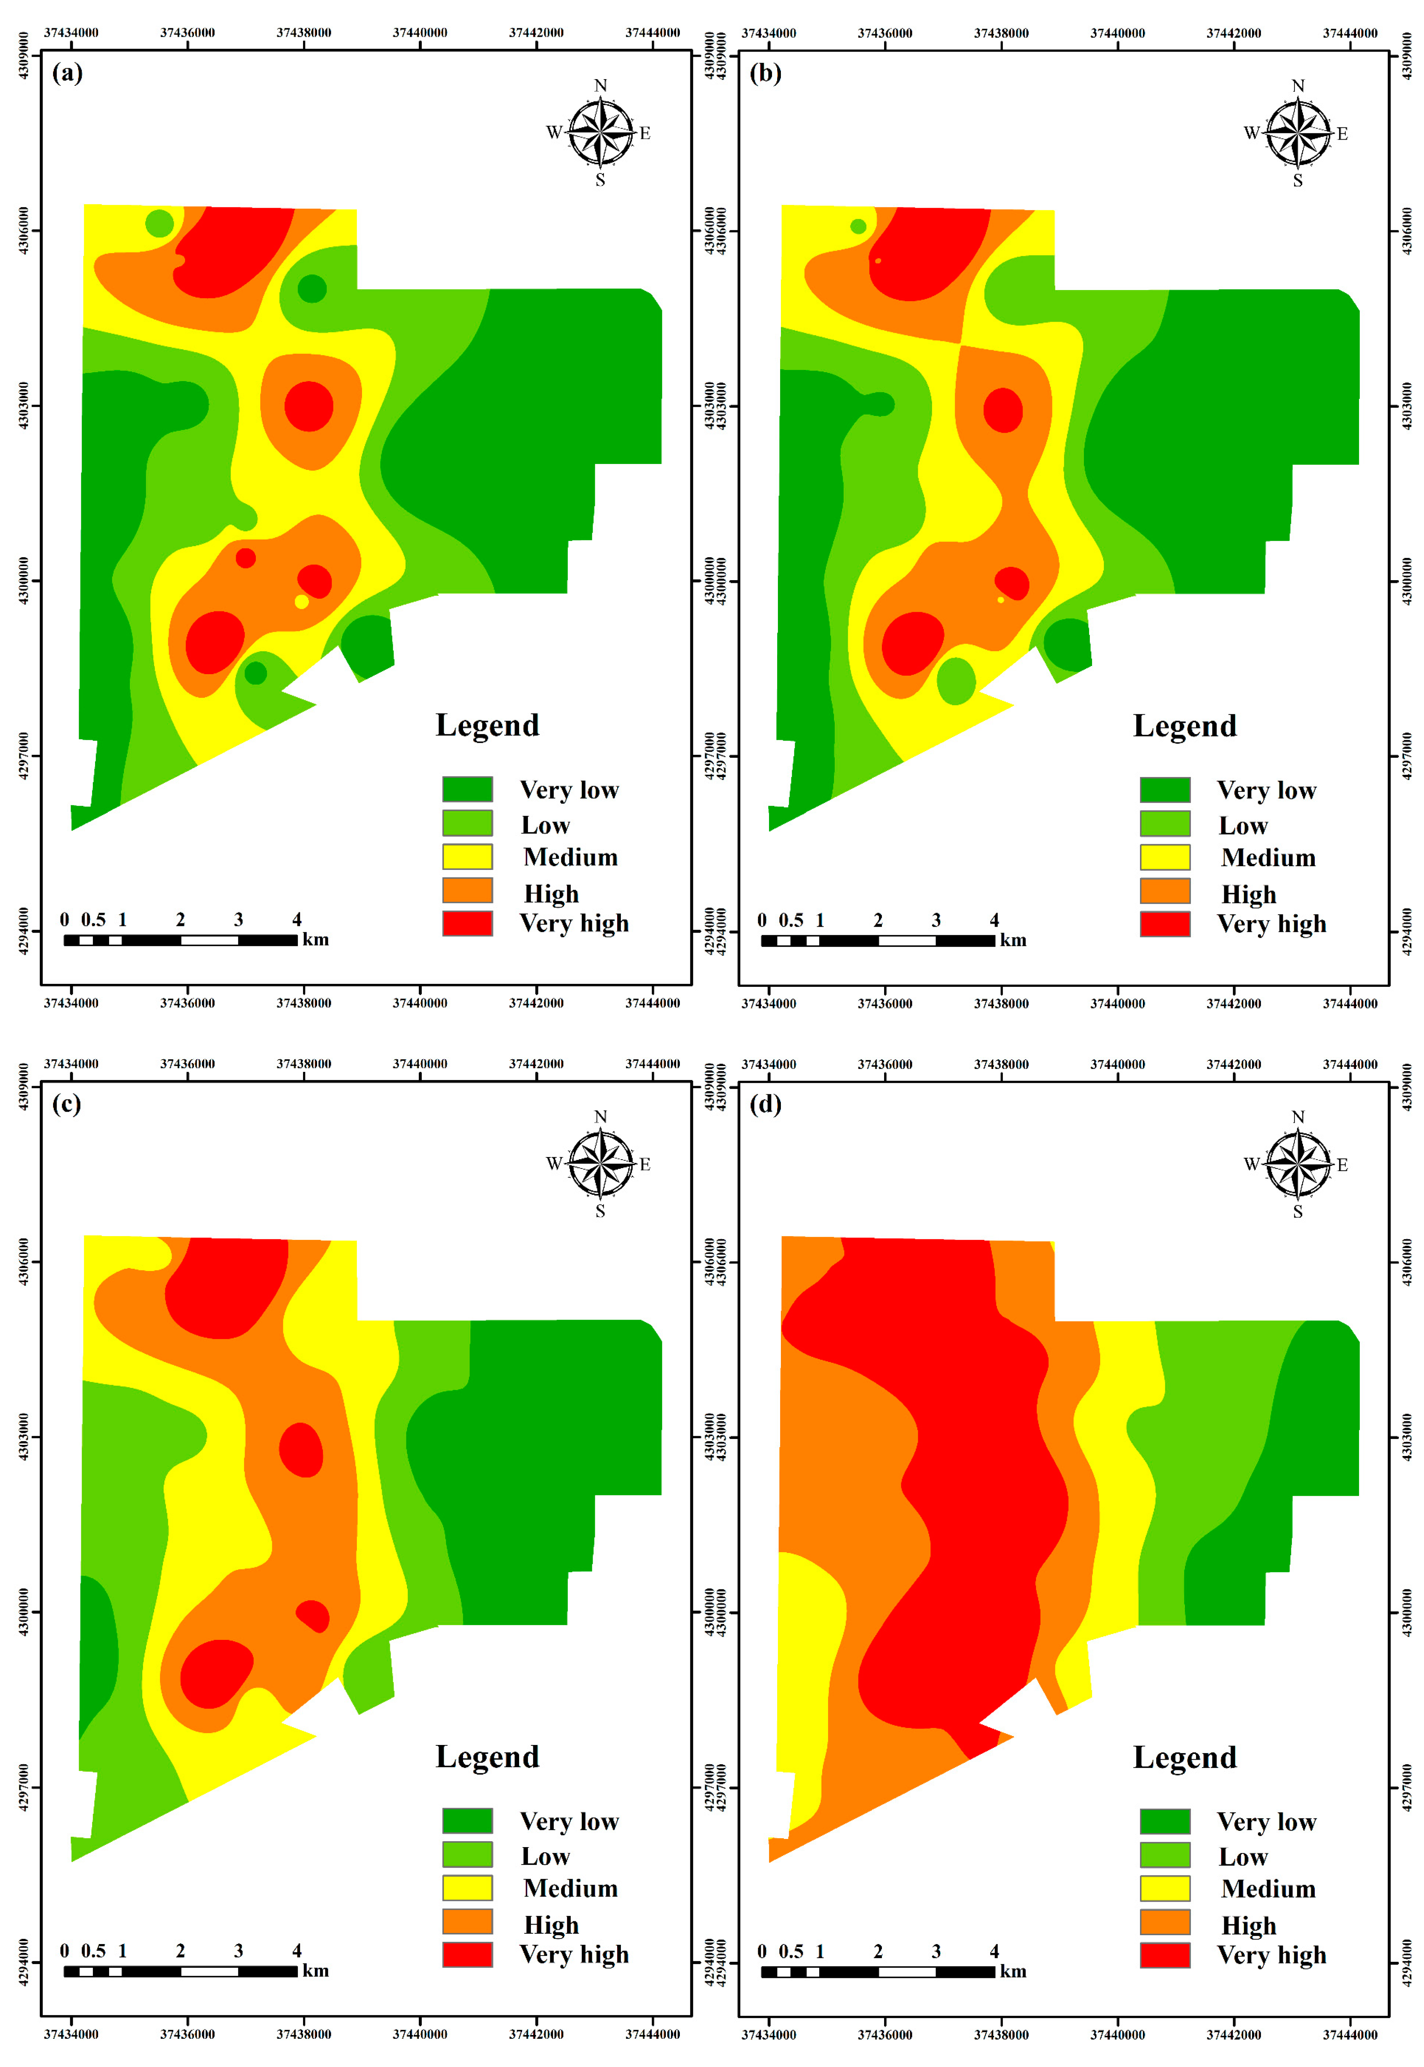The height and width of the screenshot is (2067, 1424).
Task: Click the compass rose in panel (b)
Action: (1298, 133)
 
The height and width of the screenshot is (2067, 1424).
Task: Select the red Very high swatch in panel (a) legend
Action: (467, 923)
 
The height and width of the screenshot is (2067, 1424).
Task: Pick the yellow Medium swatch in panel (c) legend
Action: (467, 1888)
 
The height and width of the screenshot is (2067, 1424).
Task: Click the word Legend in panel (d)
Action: (1185, 1757)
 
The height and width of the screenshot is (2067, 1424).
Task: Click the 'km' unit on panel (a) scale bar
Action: (316, 940)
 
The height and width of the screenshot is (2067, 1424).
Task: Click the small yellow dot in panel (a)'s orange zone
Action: (302, 602)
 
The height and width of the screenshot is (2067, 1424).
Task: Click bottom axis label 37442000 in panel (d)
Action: (1234, 2035)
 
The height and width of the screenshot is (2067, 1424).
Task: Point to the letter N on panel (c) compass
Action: (600, 1117)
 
